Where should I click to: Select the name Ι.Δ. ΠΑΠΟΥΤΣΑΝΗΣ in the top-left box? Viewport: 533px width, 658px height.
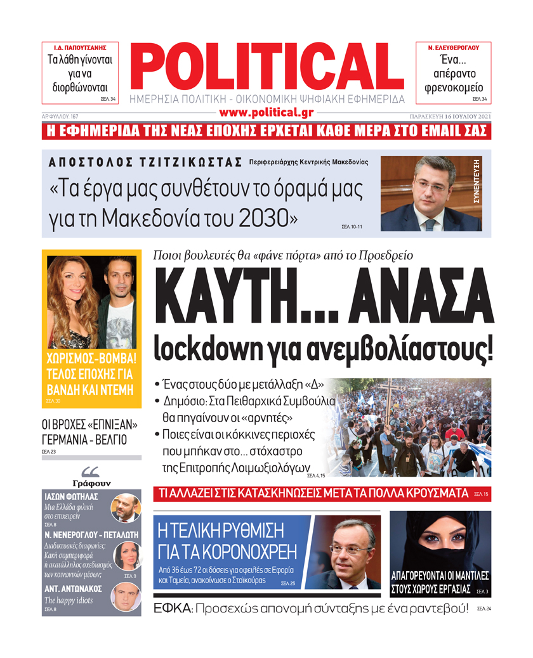coord(79,48)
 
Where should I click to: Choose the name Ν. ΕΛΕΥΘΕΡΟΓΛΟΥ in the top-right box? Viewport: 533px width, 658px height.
coord(453,48)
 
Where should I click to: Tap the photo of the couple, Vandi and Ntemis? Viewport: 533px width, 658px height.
coord(92,299)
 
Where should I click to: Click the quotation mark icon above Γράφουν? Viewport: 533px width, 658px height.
coord(91,471)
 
